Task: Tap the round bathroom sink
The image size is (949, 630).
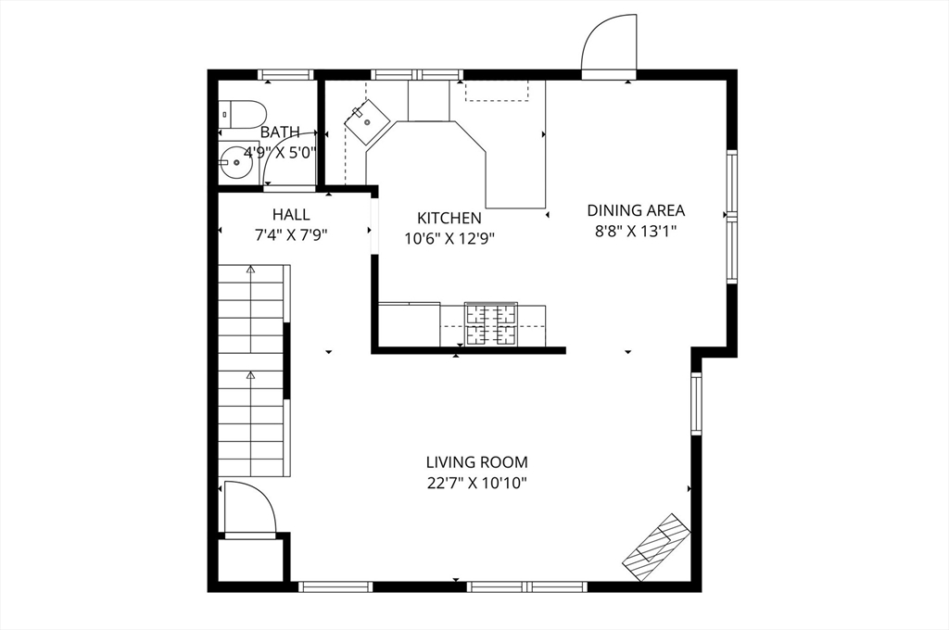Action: pos(238,165)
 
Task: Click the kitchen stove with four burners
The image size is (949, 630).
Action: pos(490,325)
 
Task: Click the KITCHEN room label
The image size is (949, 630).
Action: pos(449,218)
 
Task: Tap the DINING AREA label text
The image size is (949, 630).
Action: pos(636,210)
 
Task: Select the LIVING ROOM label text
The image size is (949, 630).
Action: pos(477,461)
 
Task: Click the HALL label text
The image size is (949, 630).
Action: pos(291,214)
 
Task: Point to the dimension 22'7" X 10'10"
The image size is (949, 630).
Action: pos(477,483)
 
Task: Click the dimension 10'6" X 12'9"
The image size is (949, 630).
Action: pos(449,238)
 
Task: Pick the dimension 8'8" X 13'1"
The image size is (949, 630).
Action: pos(636,232)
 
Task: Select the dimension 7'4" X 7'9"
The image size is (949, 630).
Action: pos(291,235)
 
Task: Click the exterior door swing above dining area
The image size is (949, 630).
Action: pos(610,44)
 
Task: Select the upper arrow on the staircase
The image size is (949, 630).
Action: pos(250,271)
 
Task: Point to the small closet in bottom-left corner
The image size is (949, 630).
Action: pos(249,560)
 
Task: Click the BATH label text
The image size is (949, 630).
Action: pos(280,132)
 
